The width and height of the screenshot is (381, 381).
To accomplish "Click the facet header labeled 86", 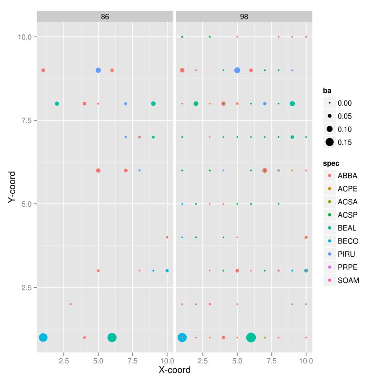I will coord(105,16).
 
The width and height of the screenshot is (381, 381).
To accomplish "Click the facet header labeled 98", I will coord(244,16).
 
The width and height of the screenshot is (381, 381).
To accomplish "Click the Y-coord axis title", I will coord(13,188).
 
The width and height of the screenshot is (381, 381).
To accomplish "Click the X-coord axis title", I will coord(174,370).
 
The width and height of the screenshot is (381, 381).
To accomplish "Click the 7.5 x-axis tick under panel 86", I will coord(132,361).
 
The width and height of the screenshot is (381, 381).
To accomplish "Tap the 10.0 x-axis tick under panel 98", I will coord(306,361).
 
